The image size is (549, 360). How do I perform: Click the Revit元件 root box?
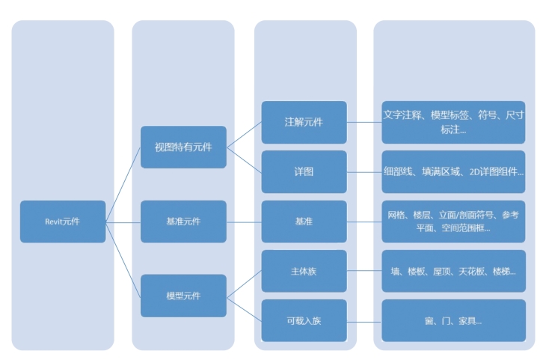[63, 222]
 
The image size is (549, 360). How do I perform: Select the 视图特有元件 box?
[183, 147]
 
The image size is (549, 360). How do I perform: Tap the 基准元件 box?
[183, 222]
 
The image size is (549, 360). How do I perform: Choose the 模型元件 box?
[183, 296]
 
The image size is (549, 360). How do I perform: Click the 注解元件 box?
[304, 122]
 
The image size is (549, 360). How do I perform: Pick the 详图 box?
[304, 171]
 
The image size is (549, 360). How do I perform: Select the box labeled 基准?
[304, 222]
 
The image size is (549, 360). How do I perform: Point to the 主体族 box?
[304, 271]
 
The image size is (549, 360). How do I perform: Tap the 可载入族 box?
[304, 320]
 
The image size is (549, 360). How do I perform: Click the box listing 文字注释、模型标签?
[453, 122]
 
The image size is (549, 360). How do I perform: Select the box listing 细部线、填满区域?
[453, 171]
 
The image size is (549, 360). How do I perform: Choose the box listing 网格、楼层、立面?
[453, 222]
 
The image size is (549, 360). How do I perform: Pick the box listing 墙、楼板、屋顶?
[453, 271]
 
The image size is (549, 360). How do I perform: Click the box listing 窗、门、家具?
[453, 320]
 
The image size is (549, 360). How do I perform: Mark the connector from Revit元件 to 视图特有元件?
[123, 184]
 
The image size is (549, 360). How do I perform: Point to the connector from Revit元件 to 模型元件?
[123, 258]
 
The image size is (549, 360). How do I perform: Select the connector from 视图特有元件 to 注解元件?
[244, 135]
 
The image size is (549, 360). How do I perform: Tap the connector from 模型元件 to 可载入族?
[244, 308]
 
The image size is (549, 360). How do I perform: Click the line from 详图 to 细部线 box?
[364, 171]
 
